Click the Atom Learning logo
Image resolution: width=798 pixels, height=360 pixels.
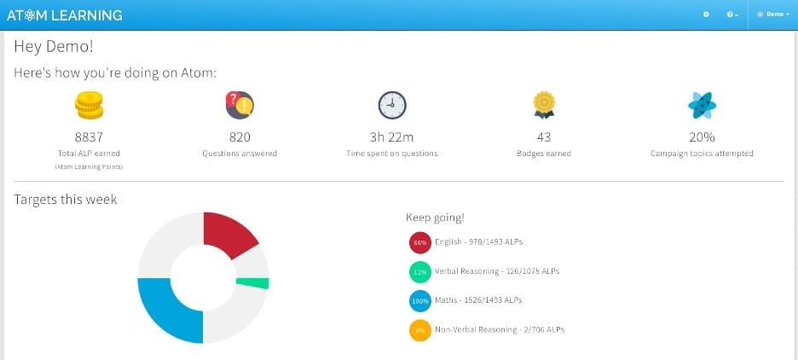[x=64, y=15]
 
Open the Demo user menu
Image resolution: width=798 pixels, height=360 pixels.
[x=773, y=15]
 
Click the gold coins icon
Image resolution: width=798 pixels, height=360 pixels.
[x=88, y=105]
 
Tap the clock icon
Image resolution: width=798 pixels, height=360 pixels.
[x=392, y=104]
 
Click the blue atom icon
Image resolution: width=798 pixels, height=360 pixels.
[x=702, y=104]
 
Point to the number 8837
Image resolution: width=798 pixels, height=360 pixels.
[x=88, y=136]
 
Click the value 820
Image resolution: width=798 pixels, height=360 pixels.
[x=240, y=136]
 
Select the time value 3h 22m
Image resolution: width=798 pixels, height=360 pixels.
[x=392, y=136]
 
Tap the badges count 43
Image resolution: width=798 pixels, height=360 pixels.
[x=544, y=136]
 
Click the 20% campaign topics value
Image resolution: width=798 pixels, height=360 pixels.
[x=702, y=136]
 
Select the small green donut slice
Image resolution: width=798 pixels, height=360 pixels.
[x=254, y=282]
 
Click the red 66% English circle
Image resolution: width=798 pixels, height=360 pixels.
[x=419, y=242]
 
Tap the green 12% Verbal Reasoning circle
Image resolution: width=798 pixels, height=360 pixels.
[x=419, y=271]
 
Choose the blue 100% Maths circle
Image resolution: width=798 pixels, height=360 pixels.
[x=419, y=300]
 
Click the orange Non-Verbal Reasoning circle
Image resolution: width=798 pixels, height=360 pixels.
[x=419, y=329]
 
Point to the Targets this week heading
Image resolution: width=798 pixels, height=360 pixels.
[x=66, y=200]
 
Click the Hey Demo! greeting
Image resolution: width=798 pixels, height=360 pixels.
[x=53, y=47]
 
